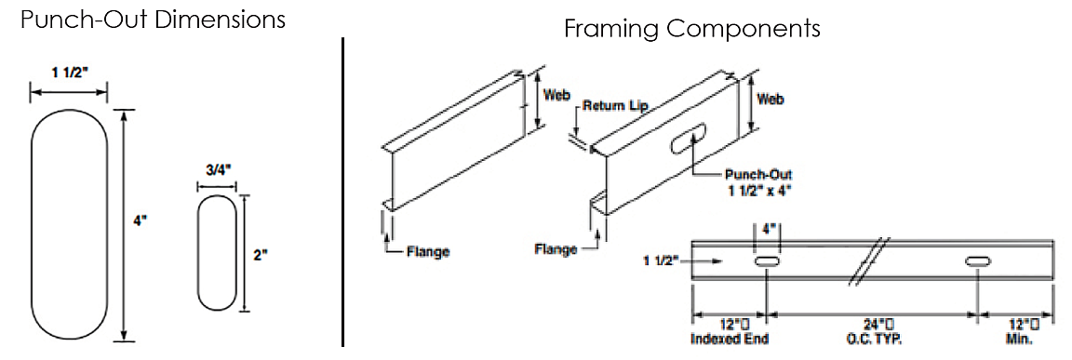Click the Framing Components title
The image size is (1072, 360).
(x=691, y=29)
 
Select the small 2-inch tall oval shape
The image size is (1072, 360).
(x=217, y=252)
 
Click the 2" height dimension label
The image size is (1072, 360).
(x=261, y=253)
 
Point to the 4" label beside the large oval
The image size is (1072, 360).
(x=141, y=223)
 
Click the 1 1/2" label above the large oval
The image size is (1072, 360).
(x=69, y=73)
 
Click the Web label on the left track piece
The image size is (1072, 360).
(x=556, y=95)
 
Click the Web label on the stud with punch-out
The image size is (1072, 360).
(x=769, y=98)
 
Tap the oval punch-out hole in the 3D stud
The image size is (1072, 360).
(x=685, y=140)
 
